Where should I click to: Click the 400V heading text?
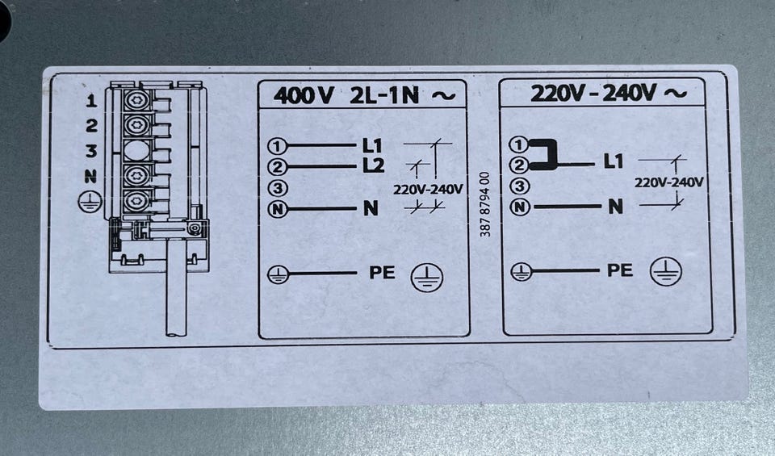click(x=304, y=95)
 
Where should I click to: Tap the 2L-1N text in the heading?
click(x=384, y=95)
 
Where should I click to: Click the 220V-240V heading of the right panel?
click(x=593, y=93)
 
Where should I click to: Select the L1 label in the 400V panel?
click(x=372, y=146)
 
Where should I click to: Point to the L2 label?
click(x=373, y=166)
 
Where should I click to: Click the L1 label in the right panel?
click(x=614, y=161)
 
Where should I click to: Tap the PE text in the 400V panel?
click(x=382, y=273)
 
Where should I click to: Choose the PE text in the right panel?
click(x=620, y=270)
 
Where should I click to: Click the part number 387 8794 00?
click(x=485, y=204)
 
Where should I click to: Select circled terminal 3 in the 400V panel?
click(x=278, y=188)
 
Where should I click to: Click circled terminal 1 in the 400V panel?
click(x=277, y=146)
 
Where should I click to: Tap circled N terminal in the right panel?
click(x=519, y=207)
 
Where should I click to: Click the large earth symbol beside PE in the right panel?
click(x=666, y=272)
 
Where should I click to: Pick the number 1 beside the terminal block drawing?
click(x=91, y=101)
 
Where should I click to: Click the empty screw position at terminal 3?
click(x=136, y=150)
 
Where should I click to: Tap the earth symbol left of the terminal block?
click(x=90, y=202)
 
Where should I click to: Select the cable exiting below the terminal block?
click(x=176, y=287)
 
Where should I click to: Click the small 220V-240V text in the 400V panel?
click(x=428, y=189)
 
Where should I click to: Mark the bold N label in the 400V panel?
click(x=371, y=209)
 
